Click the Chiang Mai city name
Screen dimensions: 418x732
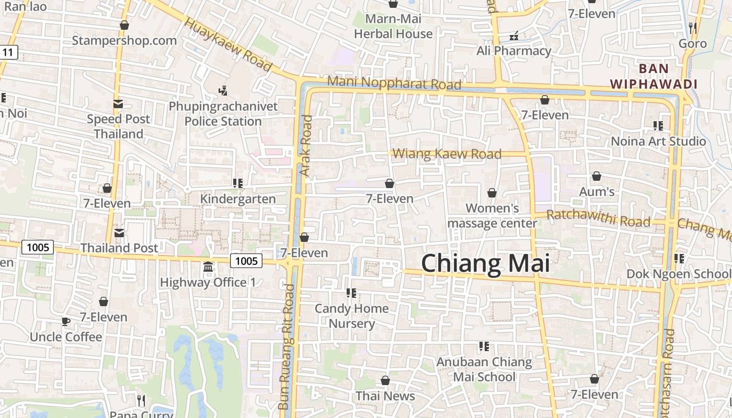[x=485, y=264]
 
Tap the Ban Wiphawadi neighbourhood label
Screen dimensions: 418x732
[x=654, y=76]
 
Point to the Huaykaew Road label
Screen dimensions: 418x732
[x=228, y=45]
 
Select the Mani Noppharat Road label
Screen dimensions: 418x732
[x=394, y=83]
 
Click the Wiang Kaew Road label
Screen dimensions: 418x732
[x=447, y=154]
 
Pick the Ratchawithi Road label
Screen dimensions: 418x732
[x=598, y=218]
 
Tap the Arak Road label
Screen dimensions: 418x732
[x=306, y=145]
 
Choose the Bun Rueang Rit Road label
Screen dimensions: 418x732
[x=287, y=347]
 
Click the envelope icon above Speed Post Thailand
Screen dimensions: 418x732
[x=118, y=104]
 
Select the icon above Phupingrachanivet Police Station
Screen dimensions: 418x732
[x=223, y=91]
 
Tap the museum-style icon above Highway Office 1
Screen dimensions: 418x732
[x=208, y=267]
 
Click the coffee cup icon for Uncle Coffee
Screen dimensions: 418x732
[x=66, y=321]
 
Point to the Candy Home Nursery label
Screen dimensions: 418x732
[x=351, y=316]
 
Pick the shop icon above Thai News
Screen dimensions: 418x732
[x=385, y=380]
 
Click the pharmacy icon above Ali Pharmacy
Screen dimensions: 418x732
[x=514, y=36]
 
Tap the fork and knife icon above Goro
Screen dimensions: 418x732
[x=693, y=28]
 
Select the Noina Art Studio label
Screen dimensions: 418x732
[x=658, y=141]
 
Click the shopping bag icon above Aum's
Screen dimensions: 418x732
[x=596, y=176]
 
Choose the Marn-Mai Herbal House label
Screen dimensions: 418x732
[x=393, y=27]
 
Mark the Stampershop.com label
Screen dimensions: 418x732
[x=124, y=40]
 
